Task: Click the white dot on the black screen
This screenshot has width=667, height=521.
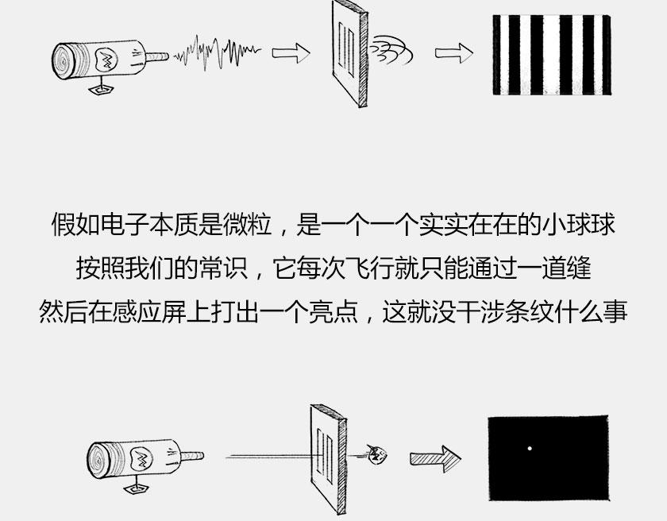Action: tap(530, 448)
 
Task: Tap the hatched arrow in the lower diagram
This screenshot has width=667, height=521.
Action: tap(436, 458)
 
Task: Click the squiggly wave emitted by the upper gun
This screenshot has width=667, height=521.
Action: tap(217, 52)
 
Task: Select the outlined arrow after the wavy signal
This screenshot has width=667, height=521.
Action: tap(291, 53)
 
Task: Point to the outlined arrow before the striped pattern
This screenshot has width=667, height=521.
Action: tap(454, 53)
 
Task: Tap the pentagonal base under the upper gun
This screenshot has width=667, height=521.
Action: tap(102, 89)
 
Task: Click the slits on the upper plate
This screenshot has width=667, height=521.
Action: tap(346, 49)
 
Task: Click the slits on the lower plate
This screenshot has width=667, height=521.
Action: tap(325, 456)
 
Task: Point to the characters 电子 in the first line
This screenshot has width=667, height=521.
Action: tap(125, 224)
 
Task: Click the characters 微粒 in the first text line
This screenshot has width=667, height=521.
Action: tap(247, 224)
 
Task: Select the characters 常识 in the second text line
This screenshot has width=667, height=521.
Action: tap(223, 268)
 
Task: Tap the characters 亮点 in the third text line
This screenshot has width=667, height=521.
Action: tap(333, 312)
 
